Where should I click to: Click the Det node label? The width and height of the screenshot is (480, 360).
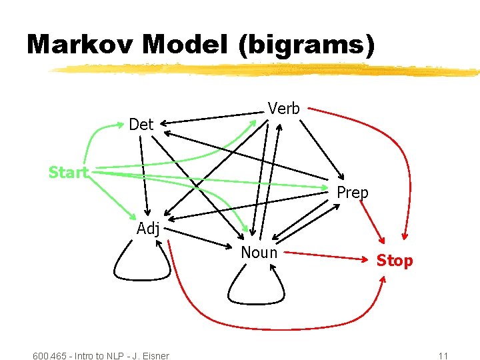[x=141, y=125]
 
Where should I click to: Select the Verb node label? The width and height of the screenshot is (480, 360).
[x=283, y=109]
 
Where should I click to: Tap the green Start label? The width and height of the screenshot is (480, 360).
[x=68, y=173]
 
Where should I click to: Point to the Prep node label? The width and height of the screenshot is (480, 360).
[x=352, y=193]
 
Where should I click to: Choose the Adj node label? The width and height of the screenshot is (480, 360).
[x=148, y=229]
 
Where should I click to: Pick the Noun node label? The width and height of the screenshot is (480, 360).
[x=259, y=252]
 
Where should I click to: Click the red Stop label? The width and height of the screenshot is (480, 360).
[x=395, y=261]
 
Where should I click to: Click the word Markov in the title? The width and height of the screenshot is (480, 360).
[x=80, y=45]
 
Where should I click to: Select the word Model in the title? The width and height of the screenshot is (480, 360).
[x=189, y=45]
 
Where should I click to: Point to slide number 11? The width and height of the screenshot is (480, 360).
[x=443, y=355]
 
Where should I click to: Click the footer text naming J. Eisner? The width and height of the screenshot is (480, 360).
[x=101, y=355]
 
